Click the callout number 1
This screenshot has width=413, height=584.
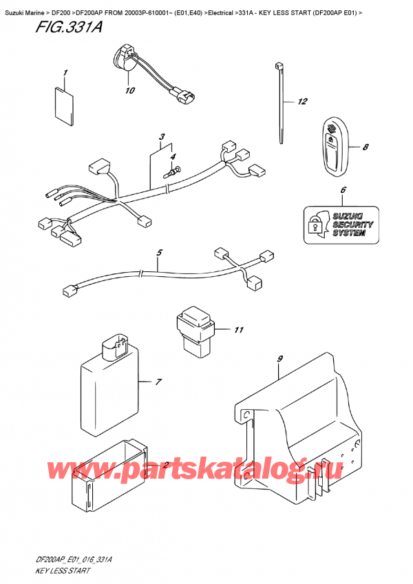tap(65, 72)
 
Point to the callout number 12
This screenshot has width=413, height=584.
tap(301, 103)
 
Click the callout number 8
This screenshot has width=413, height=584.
tap(366, 147)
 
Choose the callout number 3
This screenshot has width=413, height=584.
tap(161, 136)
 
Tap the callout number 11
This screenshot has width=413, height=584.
tap(238, 330)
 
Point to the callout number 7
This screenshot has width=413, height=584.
tap(158, 382)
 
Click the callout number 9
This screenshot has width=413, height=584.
tap(279, 358)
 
